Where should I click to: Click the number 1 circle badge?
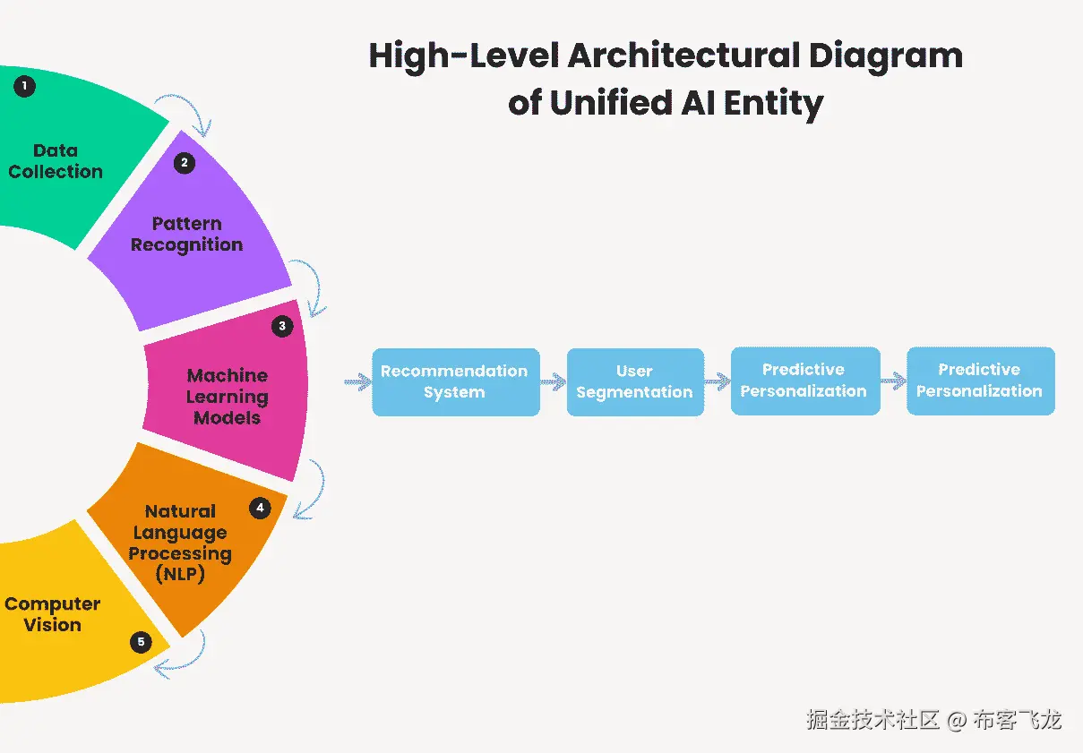pos(25,86)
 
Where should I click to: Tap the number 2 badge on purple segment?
pos(184,163)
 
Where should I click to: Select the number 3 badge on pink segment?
pos(282,326)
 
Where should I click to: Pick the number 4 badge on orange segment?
pos(260,509)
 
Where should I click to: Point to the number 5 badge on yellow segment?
pos(141,642)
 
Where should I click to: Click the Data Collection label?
pos(56,161)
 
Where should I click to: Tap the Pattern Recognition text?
pos(186,234)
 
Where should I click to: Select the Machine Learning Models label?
pos(227,396)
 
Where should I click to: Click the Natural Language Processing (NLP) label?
pos(180,543)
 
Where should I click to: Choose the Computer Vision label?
pos(52,614)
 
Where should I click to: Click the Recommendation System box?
pos(455,381)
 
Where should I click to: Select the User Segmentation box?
pos(634,381)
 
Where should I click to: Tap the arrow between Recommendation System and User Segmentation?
pos(553,382)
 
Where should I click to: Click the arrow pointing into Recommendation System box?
pos(357,382)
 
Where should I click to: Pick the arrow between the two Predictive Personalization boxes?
pos(893,381)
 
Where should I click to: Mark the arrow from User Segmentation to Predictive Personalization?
pos(717,382)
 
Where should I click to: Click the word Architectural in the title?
pos(683,56)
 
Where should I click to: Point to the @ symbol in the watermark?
pos(957,720)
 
